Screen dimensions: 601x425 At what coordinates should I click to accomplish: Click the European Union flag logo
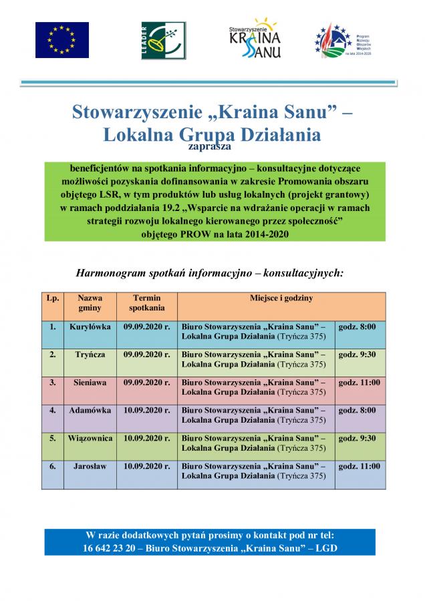coord(62,39)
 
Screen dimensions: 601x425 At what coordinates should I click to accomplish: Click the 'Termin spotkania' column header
coord(147,303)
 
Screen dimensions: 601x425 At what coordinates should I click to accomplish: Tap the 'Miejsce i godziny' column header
coord(281,298)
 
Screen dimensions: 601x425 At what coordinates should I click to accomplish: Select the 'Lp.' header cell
coord(52,298)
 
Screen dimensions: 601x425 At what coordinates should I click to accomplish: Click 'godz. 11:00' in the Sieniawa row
coord(360,383)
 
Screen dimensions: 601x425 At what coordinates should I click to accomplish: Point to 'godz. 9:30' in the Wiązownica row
coord(358,438)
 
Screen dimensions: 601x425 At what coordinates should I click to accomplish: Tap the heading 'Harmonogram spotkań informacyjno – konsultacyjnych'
coord(210,273)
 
